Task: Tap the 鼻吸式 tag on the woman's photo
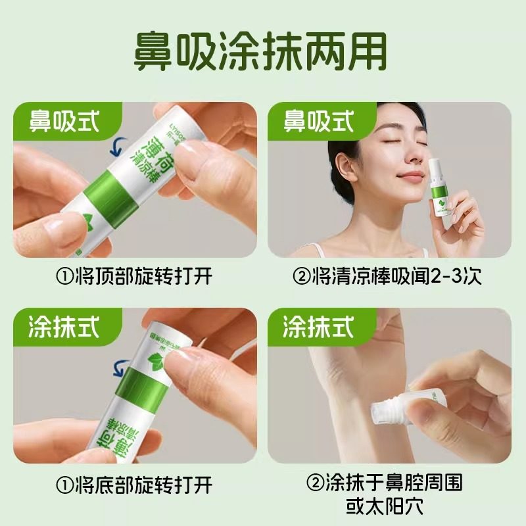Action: tap(319, 121)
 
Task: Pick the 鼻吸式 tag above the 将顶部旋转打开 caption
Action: tap(64, 121)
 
